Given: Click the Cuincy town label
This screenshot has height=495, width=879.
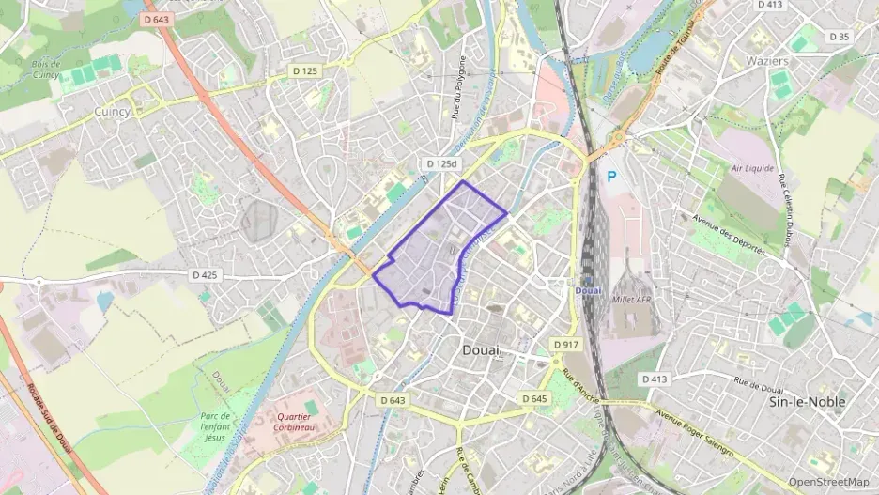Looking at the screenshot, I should pyautogui.click(x=112, y=110).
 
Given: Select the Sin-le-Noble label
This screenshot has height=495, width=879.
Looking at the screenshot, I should pyautogui.click(x=807, y=401).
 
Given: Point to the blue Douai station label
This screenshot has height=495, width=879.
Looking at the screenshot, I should pyautogui.click(x=588, y=290).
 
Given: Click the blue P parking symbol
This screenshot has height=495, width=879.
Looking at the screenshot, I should pyautogui.click(x=612, y=176).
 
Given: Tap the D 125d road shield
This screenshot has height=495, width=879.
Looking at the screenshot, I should pyautogui.click(x=440, y=162).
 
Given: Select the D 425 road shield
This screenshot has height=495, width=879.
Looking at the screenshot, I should pyautogui.click(x=205, y=275).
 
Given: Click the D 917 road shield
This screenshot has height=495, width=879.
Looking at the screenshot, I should pyautogui.click(x=565, y=345).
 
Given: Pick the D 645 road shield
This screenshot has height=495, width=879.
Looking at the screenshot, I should pyautogui.click(x=533, y=399).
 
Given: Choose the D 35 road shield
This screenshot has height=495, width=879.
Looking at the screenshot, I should pyautogui.click(x=839, y=37).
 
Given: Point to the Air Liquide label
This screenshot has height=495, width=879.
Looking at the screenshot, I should pyautogui.click(x=752, y=169).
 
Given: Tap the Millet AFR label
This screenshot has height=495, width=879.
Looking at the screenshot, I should pyautogui.click(x=631, y=300).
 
